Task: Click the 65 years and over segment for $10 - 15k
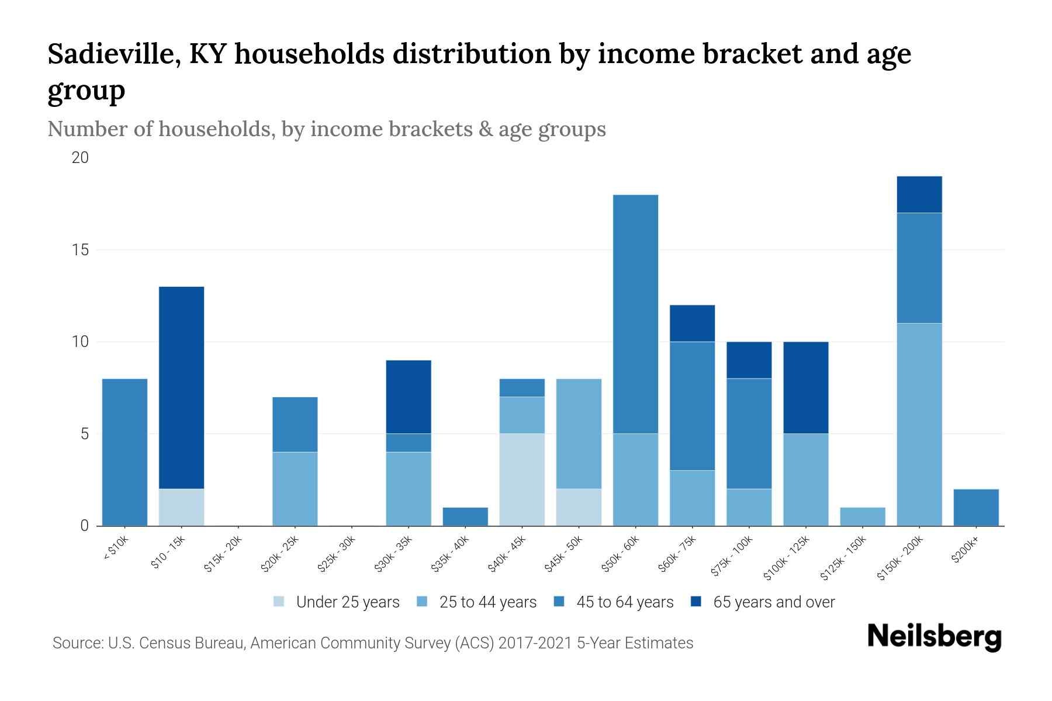click(x=181, y=388)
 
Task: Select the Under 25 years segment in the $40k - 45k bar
click(x=522, y=480)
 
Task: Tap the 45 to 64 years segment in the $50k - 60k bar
click(x=635, y=314)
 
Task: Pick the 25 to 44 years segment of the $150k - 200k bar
click(x=919, y=425)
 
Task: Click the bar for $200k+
click(x=975, y=508)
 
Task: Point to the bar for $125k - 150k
click(x=862, y=517)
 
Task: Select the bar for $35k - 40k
click(x=465, y=517)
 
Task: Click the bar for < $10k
click(x=124, y=452)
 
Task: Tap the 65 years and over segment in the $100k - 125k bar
click(x=805, y=388)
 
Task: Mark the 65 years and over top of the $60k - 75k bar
click(x=692, y=324)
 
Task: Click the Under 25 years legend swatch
click(x=279, y=602)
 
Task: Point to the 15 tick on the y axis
click(x=80, y=250)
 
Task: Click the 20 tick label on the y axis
click(x=80, y=158)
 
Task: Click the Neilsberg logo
click(x=934, y=637)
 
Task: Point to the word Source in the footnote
click(x=76, y=643)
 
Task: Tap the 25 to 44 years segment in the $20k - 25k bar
click(x=295, y=489)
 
